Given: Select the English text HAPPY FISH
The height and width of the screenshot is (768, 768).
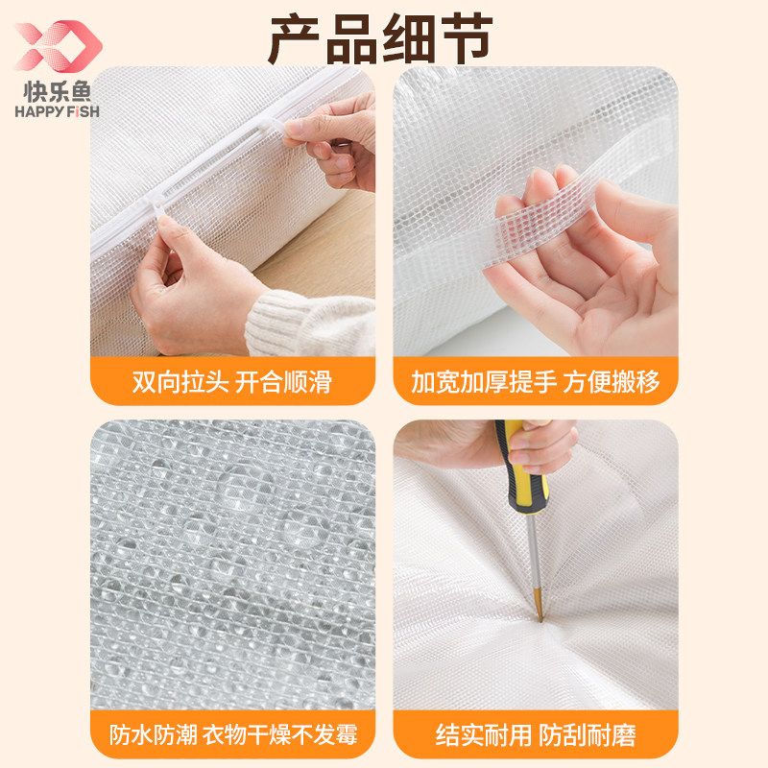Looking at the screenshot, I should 58,110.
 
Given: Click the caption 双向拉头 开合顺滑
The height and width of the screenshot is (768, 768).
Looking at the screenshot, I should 231,381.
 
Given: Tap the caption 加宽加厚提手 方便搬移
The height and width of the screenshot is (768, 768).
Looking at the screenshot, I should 536,381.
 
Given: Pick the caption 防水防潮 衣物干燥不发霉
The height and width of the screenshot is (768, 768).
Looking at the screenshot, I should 231,735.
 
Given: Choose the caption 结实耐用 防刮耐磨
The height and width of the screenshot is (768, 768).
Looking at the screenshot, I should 536,735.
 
